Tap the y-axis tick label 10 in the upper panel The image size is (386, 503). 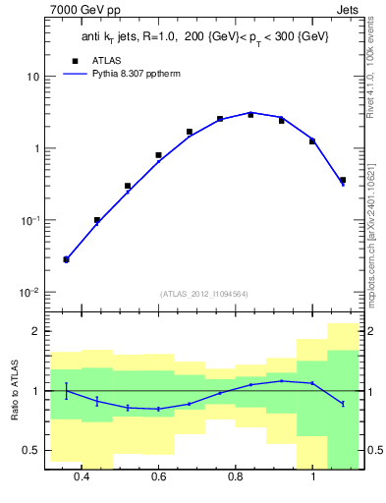click(x=32, y=77)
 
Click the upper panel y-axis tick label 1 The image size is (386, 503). click(x=35, y=148)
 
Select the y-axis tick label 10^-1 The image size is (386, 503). click(x=29, y=220)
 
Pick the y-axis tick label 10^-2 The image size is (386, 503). click(x=29, y=293)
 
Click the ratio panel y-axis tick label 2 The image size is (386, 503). click(x=35, y=331)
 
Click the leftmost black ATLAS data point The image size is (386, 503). click(x=66, y=259)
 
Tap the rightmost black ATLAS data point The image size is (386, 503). click(x=342, y=180)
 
